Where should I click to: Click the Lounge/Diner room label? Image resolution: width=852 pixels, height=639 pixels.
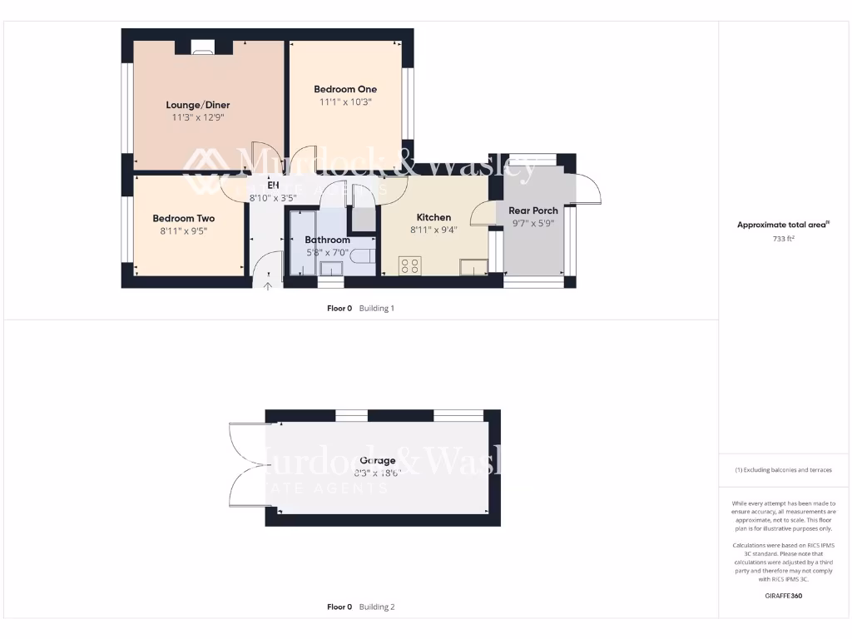197,105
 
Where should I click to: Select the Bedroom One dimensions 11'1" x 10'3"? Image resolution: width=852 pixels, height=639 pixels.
344,102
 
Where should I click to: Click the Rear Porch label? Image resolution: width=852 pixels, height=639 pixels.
532,211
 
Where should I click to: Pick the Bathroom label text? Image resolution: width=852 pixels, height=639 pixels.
327,240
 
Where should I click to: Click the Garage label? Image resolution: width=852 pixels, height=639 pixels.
377,460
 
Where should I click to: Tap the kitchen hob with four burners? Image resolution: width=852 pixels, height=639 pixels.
409,265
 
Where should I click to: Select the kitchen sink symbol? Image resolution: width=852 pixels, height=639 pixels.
473,266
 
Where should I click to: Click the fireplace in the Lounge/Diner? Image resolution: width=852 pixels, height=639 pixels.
202,48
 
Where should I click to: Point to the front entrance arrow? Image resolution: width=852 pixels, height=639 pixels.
268,287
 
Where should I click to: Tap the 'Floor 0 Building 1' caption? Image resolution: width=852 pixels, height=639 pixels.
360,308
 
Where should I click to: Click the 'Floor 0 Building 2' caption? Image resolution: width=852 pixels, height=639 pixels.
360,607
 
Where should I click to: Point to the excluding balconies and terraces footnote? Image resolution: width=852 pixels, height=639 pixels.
783,470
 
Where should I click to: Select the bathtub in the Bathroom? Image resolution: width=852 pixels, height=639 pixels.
302,243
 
